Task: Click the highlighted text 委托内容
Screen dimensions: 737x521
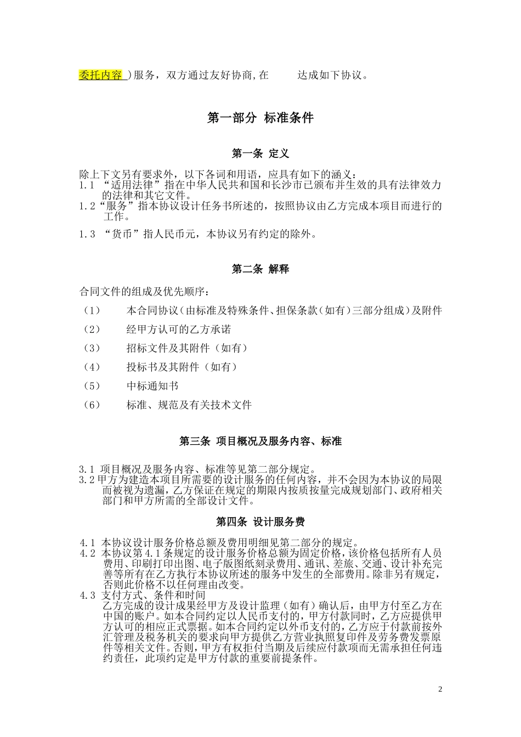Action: click(x=101, y=75)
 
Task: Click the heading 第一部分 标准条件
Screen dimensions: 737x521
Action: click(x=260, y=118)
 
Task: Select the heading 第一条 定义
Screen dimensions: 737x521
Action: click(x=260, y=154)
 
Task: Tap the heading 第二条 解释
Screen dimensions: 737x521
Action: click(x=260, y=269)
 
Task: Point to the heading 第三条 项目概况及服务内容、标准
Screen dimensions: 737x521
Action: click(x=260, y=441)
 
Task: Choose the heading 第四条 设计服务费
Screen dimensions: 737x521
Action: click(x=260, y=521)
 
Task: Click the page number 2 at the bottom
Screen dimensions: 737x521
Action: click(x=440, y=689)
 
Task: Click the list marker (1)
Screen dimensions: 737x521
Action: click(x=92, y=310)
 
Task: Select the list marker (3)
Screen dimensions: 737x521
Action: click(x=92, y=348)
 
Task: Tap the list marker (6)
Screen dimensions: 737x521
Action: click(x=92, y=405)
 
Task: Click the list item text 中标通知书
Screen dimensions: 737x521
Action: click(x=152, y=386)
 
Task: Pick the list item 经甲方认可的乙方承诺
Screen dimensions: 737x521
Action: click(x=178, y=329)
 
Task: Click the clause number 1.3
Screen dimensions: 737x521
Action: click(x=87, y=235)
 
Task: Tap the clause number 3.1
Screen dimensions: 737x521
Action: click(x=87, y=469)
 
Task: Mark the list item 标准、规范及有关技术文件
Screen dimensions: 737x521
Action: click(x=189, y=405)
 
